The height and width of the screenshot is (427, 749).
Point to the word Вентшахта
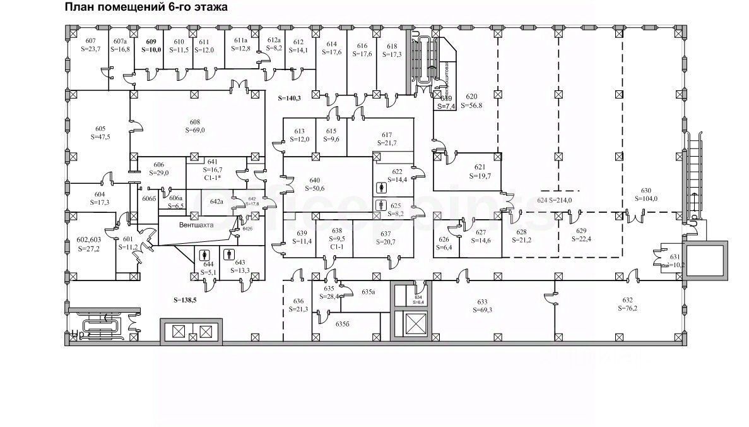(x=196, y=224)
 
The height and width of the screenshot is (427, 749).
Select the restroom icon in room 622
(x=380, y=188)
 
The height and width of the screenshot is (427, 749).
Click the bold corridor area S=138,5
(x=185, y=301)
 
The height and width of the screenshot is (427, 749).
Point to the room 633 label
(x=483, y=302)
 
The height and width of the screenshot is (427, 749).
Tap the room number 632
(x=627, y=300)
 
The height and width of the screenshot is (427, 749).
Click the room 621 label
(x=480, y=167)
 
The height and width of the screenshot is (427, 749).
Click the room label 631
(x=675, y=257)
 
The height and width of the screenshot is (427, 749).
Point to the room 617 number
(x=387, y=135)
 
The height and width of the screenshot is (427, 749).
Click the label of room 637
(x=387, y=233)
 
